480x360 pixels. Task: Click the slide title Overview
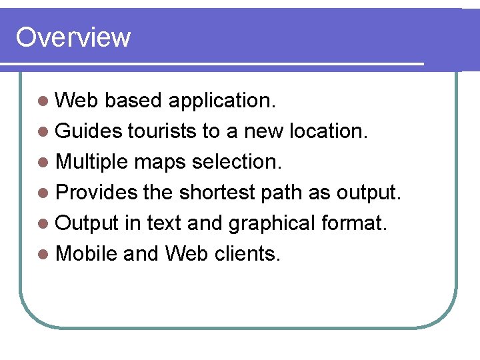[73, 37]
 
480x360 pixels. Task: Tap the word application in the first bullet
[221, 101]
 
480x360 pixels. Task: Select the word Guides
[89, 131]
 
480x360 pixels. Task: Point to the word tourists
[163, 131]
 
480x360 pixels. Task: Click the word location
[328, 131]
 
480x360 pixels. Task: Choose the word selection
[239, 162]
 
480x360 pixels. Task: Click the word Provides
[97, 193]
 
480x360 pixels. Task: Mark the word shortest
[217, 193]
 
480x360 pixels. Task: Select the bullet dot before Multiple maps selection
[43, 163]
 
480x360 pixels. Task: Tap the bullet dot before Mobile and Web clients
[43, 254]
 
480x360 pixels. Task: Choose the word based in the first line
[133, 101]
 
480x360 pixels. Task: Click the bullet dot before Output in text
[43, 223]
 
